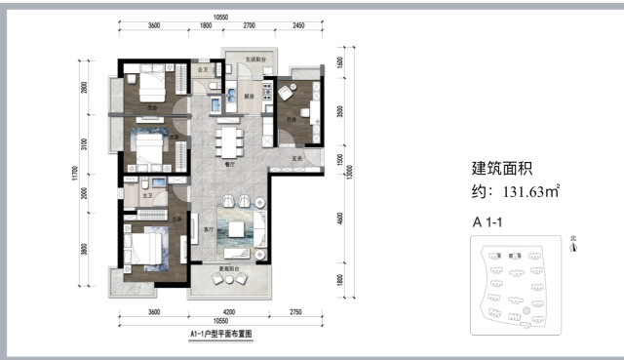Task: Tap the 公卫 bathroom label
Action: point(204,71)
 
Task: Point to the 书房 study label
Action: point(292,122)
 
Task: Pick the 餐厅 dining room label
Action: point(232,166)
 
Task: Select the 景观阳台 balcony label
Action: point(230,265)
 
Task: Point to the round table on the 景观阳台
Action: point(231,280)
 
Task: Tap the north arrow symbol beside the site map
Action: point(574,248)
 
